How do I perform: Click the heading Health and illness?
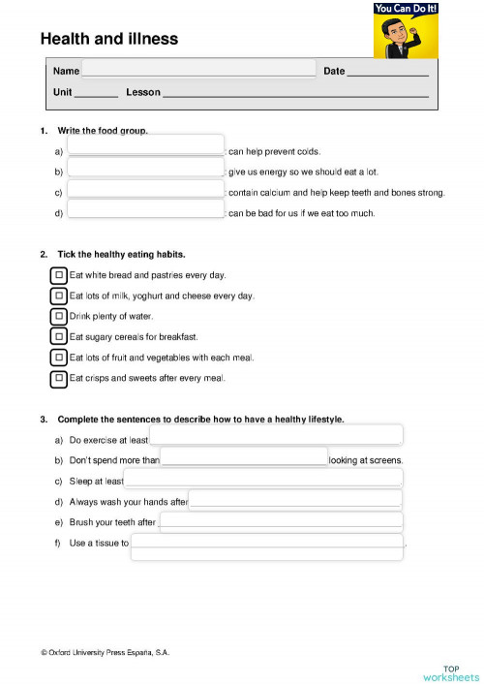[x=109, y=39]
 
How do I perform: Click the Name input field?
[x=198, y=69]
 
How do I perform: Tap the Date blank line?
[x=387, y=72]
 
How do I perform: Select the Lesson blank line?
[x=295, y=93]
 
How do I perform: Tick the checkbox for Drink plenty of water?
[x=59, y=316]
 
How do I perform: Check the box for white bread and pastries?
[x=59, y=275]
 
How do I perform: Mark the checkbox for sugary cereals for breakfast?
[x=59, y=336]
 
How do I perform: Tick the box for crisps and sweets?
[x=59, y=378]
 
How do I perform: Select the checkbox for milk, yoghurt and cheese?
[x=59, y=296]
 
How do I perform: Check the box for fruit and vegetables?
[x=59, y=358]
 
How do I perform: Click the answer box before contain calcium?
[x=145, y=190]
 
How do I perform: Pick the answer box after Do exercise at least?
[x=276, y=436]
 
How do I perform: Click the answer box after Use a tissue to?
[x=267, y=546]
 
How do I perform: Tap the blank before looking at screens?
[x=244, y=457]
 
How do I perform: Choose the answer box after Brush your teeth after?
[x=281, y=521]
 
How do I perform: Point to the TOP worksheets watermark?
[x=450, y=673]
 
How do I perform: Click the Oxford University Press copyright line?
[x=105, y=653]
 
